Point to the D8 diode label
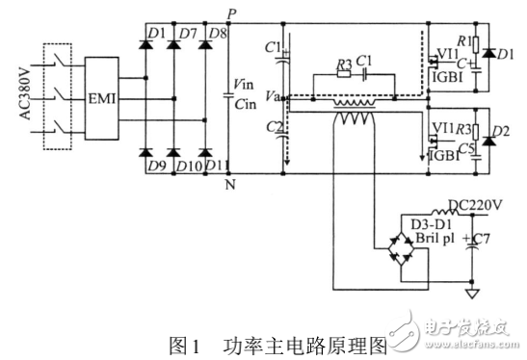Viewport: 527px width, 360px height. pyautogui.click(x=218, y=37)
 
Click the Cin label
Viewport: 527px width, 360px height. pyautogui.click(x=244, y=103)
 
